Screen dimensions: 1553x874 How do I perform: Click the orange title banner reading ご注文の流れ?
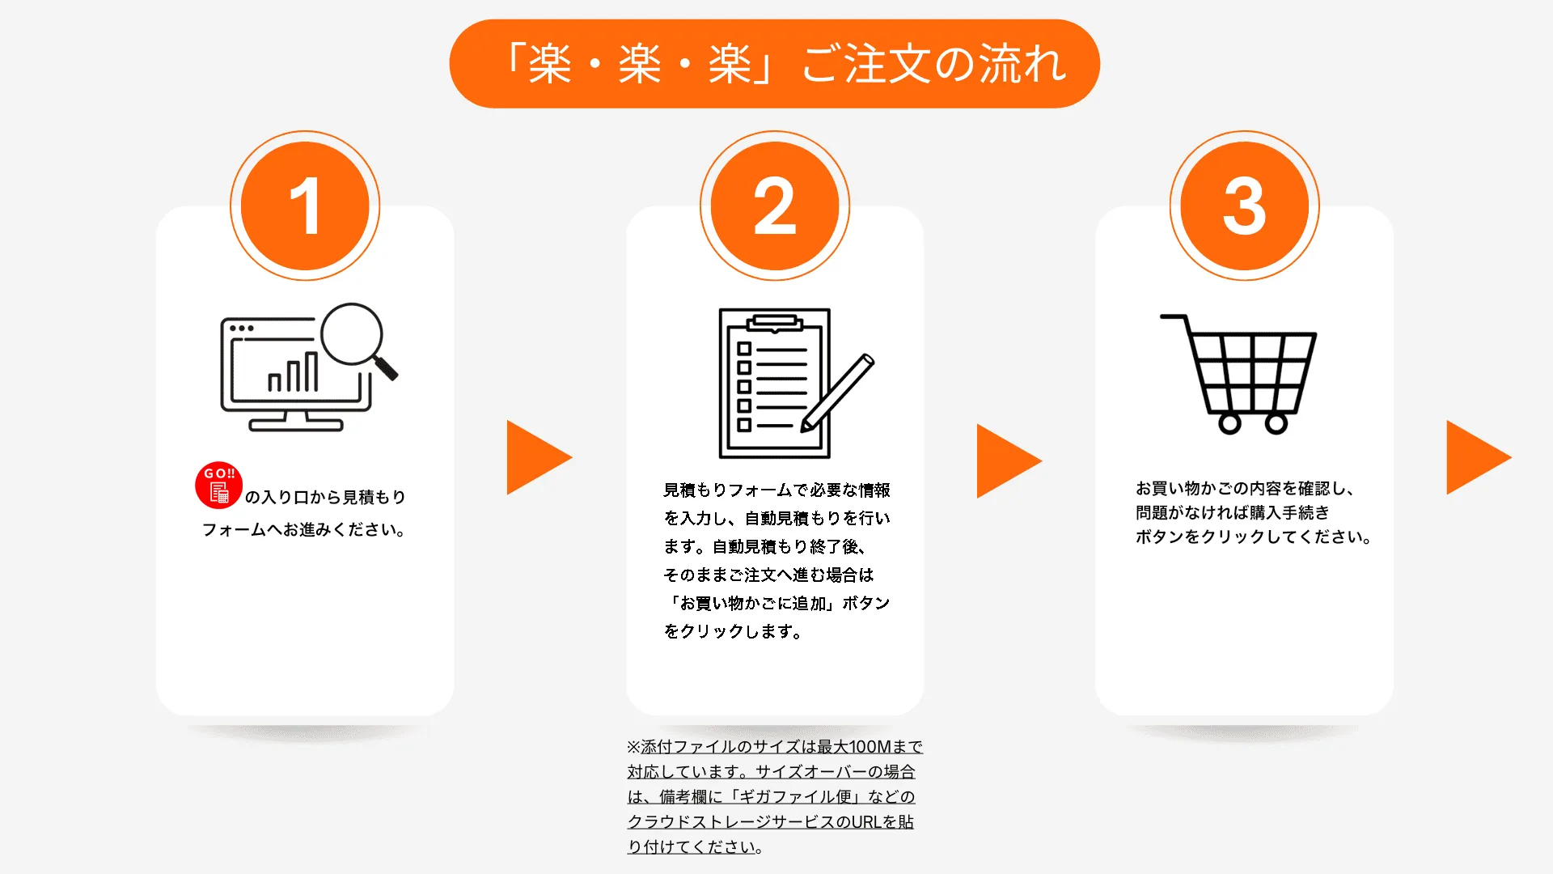coord(774,64)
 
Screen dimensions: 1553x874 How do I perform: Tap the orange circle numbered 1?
coord(305,206)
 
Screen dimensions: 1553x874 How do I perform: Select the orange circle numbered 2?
coord(775,206)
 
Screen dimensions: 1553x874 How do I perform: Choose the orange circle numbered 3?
coord(1244,206)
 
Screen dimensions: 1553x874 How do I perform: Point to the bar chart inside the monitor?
coord(293,372)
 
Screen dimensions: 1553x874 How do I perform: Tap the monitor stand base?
coord(296,425)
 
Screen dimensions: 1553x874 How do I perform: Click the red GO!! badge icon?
coord(219,486)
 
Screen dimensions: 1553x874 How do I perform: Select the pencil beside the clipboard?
coord(838,393)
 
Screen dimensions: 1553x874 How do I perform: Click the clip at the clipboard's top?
coord(775,324)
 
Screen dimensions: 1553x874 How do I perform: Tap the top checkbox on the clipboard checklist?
coord(744,349)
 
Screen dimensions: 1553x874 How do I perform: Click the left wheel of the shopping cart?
coord(1229,423)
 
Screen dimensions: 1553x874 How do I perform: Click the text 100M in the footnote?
coord(870,747)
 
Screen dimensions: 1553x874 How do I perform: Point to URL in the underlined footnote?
coord(866,822)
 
